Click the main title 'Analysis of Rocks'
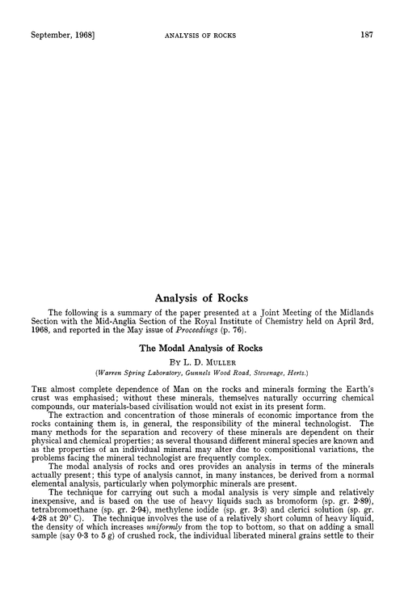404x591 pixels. coord(202,277)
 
